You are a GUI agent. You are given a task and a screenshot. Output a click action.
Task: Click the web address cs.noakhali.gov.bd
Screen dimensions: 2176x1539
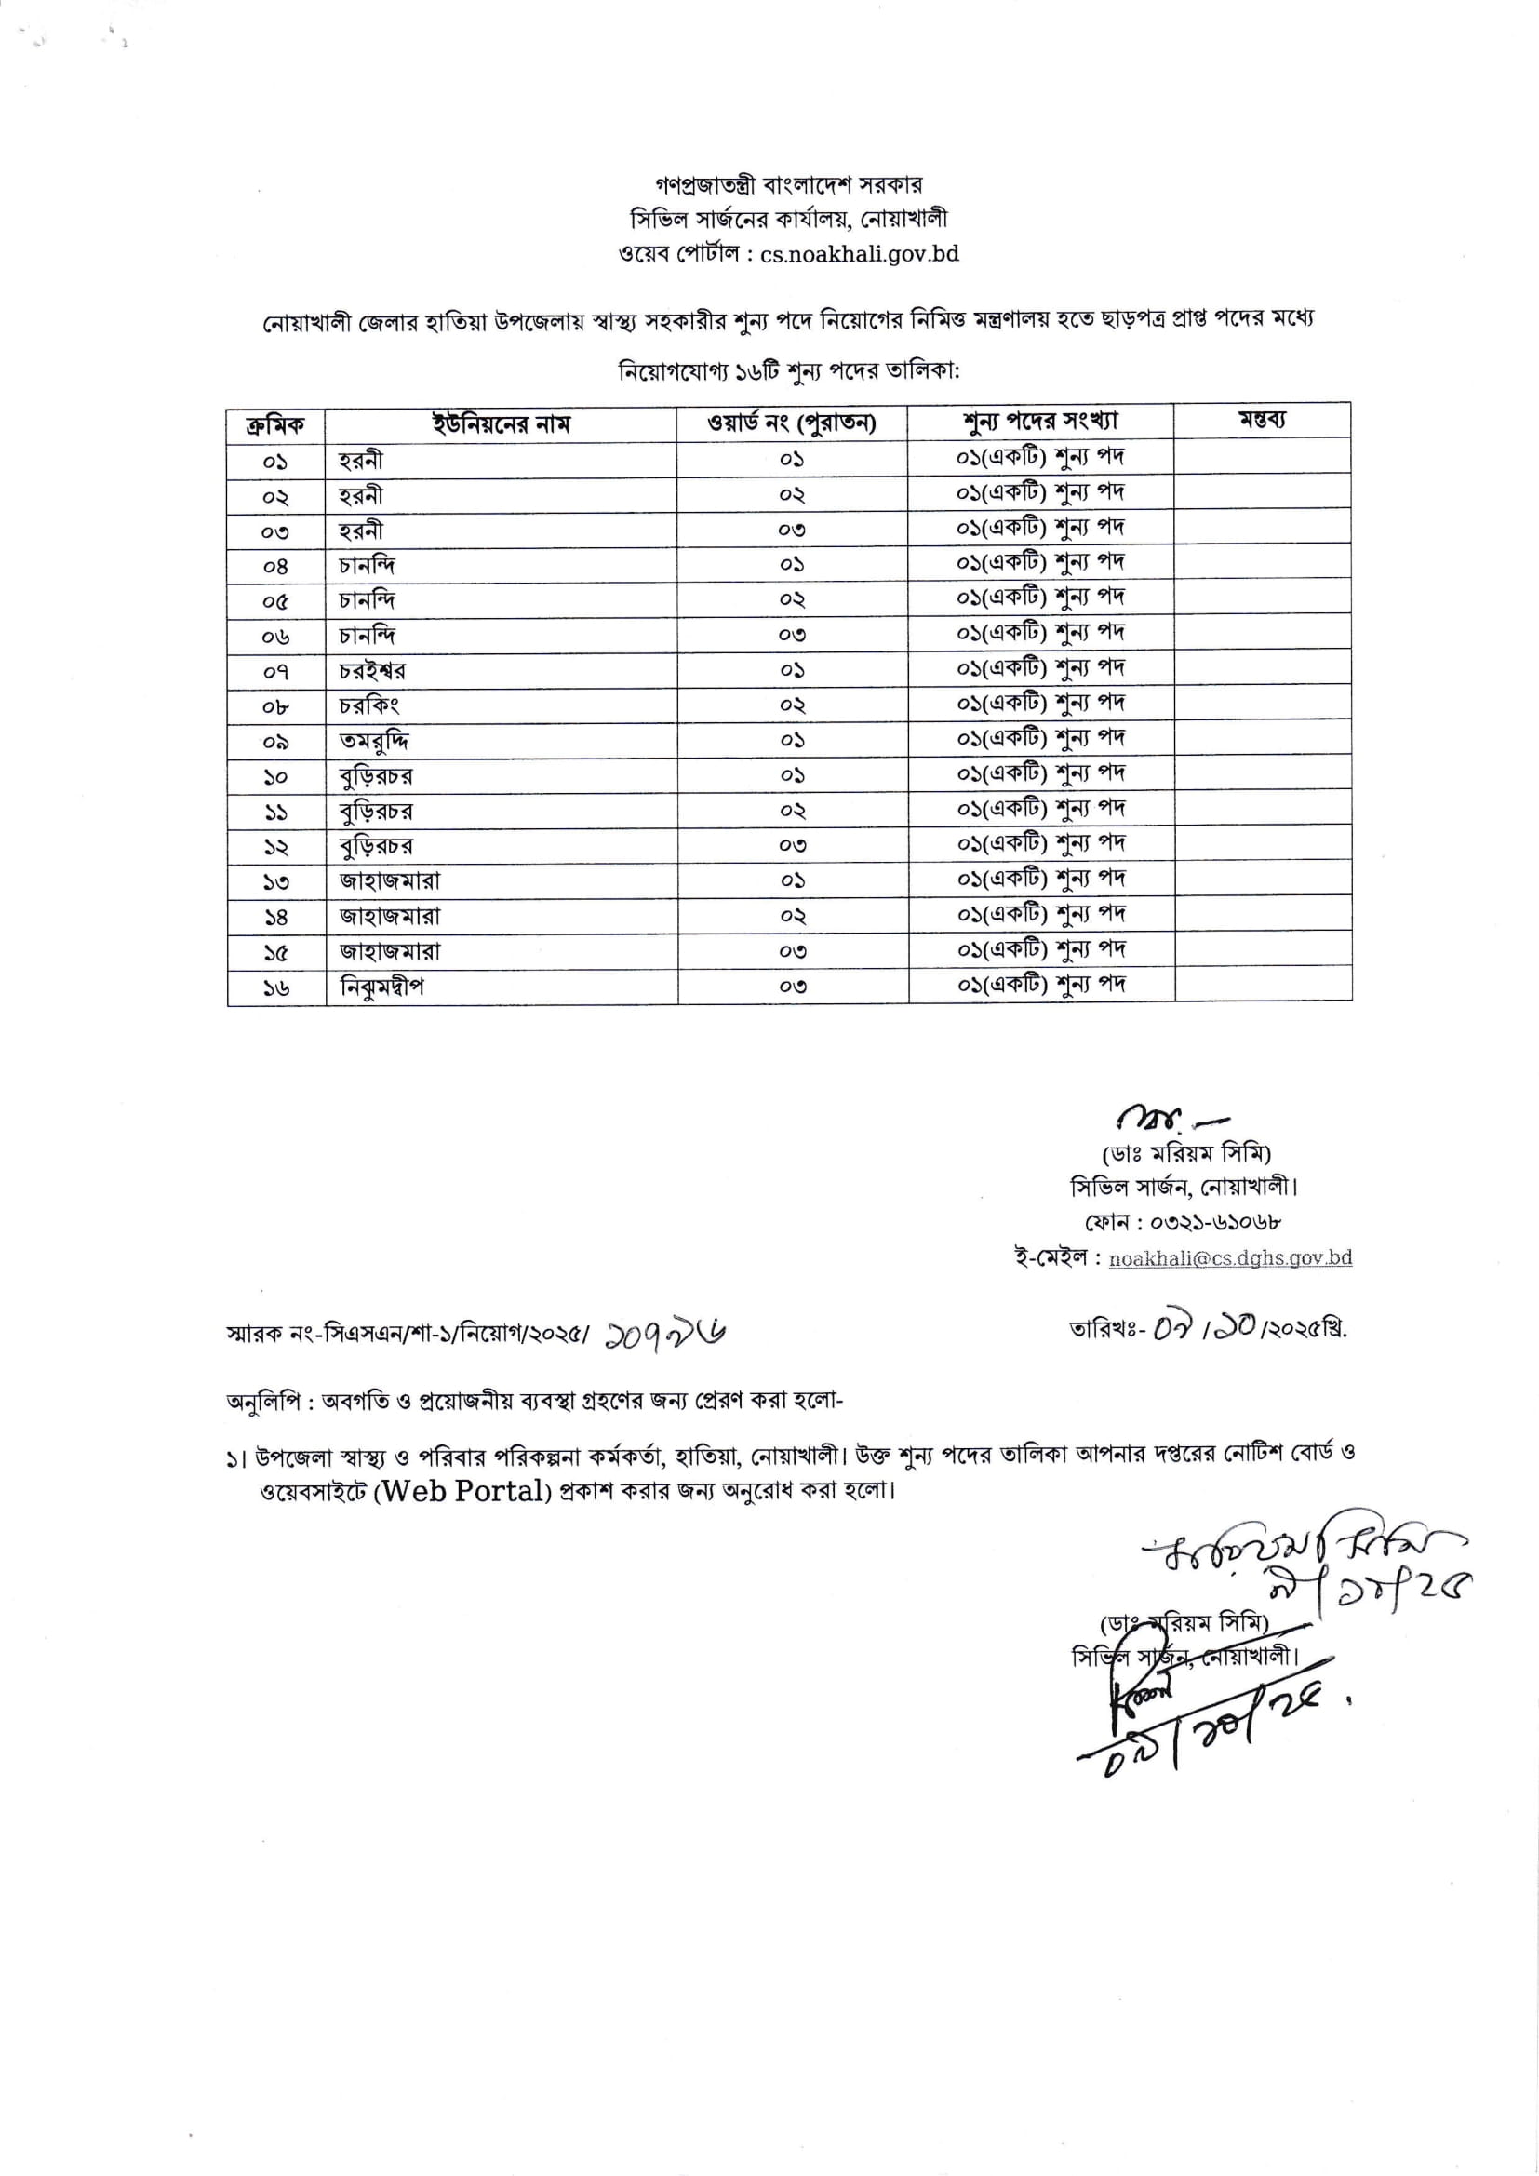[859, 254]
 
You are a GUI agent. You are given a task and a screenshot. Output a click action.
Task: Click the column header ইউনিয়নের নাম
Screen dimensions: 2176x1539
[501, 423]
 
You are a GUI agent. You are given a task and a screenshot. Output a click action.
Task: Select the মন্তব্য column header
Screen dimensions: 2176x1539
[1262, 420]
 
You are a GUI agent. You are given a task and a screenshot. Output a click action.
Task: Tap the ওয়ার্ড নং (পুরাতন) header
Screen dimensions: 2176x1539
[791, 423]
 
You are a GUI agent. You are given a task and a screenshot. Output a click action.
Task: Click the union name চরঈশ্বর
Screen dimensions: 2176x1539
[372, 671]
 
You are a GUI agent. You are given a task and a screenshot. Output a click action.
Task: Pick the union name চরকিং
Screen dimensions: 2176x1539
[368, 706]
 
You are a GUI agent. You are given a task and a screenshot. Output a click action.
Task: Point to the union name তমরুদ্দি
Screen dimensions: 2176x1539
[373, 741]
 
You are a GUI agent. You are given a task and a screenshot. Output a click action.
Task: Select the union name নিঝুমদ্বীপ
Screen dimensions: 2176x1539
[381, 987]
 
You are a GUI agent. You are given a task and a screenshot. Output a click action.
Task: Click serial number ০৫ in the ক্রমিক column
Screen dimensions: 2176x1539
[274, 601]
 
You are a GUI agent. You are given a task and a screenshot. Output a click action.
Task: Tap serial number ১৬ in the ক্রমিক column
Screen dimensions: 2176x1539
[275, 987]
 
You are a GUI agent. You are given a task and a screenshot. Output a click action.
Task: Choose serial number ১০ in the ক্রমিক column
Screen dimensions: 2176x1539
[275, 777]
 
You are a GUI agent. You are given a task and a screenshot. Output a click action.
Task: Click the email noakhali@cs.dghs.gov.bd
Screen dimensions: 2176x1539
[1229, 1257]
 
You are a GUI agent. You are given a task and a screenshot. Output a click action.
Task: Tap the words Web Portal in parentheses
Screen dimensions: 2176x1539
[462, 1491]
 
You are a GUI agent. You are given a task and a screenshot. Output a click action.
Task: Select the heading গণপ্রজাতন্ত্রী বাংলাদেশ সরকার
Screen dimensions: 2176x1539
[787, 184]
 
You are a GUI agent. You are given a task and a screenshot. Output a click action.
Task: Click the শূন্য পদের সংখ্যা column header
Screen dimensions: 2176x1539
[1039, 421]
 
